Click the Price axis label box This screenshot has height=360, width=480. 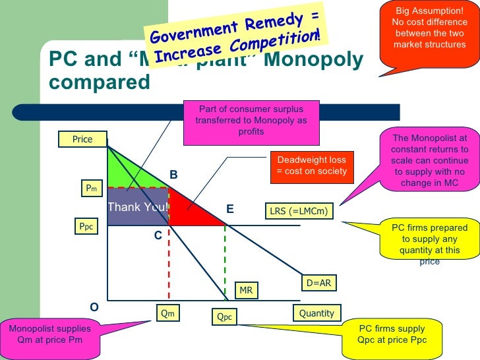point(82,139)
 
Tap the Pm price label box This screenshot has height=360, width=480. point(91,189)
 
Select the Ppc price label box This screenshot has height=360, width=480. point(86,227)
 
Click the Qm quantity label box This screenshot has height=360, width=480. point(167,313)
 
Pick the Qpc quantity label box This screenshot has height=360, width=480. point(225,317)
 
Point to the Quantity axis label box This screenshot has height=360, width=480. point(316,313)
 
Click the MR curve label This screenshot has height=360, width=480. point(246,290)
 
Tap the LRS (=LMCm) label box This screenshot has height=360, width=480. point(299,212)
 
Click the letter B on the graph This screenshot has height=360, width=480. point(174,175)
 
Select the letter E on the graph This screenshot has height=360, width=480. point(230,208)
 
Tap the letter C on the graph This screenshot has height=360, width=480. point(158,234)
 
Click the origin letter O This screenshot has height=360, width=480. point(94,307)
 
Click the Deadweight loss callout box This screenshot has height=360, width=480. point(311,165)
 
